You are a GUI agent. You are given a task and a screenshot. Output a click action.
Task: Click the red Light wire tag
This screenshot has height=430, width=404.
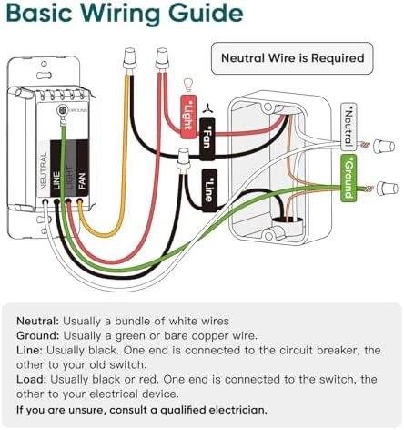pyautogui.click(x=188, y=117)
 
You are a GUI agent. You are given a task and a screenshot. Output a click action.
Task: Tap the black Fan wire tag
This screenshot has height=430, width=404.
pyautogui.click(x=207, y=139)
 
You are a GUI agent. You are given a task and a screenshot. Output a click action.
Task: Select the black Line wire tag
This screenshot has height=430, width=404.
pyautogui.click(x=209, y=190)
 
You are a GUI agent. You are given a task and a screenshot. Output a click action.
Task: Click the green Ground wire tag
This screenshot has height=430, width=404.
pyautogui.click(x=348, y=178)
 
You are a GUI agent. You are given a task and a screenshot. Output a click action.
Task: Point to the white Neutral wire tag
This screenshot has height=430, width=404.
pyautogui.click(x=348, y=127)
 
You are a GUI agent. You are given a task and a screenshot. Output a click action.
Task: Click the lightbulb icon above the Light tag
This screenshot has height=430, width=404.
pyautogui.click(x=188, y=86)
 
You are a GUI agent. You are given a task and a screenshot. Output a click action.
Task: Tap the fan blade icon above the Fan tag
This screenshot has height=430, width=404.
pyautogui.click(x=207, y=108)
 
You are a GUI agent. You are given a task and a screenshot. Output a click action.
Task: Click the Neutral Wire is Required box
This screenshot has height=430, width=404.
pyautogui.click(x=292, y=58)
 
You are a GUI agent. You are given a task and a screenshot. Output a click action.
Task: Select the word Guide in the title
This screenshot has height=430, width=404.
pyautogui.click(x=206, y=14)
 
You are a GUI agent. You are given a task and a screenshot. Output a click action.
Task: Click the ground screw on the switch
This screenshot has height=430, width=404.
pyautogui.click(x=63, y=110)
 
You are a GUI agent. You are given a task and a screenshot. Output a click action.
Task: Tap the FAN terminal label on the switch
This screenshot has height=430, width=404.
pyautogui.click(x=82, y=181)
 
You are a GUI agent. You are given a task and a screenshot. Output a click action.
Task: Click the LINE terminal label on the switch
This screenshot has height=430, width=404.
pyautogui.click(x=56, y=180)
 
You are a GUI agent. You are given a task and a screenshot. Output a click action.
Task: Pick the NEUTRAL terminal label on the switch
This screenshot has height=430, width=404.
pyautogui.click(x=44, y=171)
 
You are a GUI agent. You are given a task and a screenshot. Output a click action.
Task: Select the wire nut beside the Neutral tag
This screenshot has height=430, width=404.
pyautogui.click(x=384, y=147)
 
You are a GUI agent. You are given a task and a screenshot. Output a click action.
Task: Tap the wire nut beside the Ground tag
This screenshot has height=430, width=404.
pyautogui.click(x=388, y=189)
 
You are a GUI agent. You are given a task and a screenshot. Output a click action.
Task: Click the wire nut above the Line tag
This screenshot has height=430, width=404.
pyautogui.click(x=183, y=160)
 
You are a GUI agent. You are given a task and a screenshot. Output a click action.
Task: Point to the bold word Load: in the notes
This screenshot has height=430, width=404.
pyautogui.click(x=32, y=380)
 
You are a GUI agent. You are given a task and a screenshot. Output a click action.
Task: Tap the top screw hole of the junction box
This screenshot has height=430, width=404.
pyautogui.click(x=268, y=107)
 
